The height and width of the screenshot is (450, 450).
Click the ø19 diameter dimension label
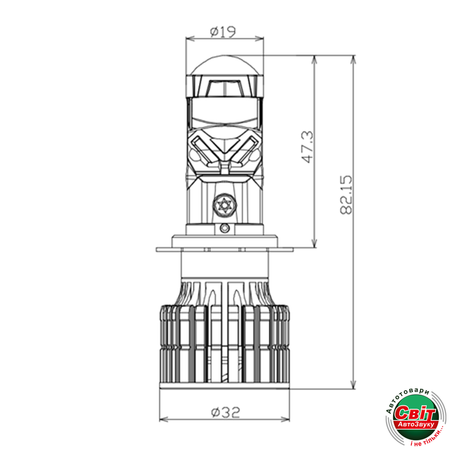click(x=223, y=31)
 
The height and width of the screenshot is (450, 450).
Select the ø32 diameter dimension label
click(x=225, y=412)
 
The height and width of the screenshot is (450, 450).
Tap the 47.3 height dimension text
click(x=308, y=147)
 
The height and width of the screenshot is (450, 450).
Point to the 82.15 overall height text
click(x=346, y=194)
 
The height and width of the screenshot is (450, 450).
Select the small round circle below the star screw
click(x=225, y=229)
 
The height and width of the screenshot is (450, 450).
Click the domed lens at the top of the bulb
click(x=225, y=65)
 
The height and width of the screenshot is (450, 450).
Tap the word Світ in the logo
click(x=415, y=414)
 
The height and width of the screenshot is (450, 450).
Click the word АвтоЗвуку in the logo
click(x=417, y=424)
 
